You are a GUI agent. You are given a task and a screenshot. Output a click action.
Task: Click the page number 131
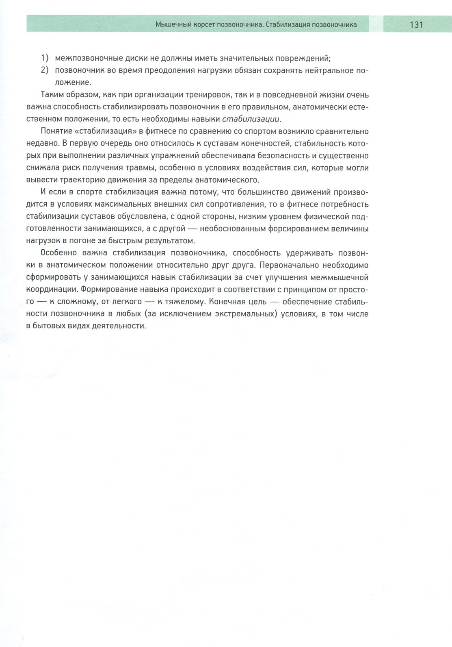pyautogui.click(x=416, y=25)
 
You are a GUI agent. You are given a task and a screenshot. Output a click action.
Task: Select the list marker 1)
pyautogui.click(x=45, y=58)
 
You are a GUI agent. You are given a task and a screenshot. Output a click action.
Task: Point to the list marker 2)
pyautogui.click(x=45, y=70)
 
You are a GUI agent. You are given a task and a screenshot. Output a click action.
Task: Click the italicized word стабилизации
pyautogui.click(x=251, y=119)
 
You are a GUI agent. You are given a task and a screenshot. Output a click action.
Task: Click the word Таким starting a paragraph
pyautogui.click(x=51, y=95)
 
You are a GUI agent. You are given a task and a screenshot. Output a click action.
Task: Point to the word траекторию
pyautogui.click(x=73, y=180)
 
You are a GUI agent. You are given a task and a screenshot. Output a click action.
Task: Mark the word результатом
pyautogui.click(x=168, y=240)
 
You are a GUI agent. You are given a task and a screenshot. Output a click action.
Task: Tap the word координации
pyautogui.click(x=52, y=290)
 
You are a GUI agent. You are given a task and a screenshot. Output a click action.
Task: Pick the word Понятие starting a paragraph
pyautogui.click(x=55, y=131)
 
